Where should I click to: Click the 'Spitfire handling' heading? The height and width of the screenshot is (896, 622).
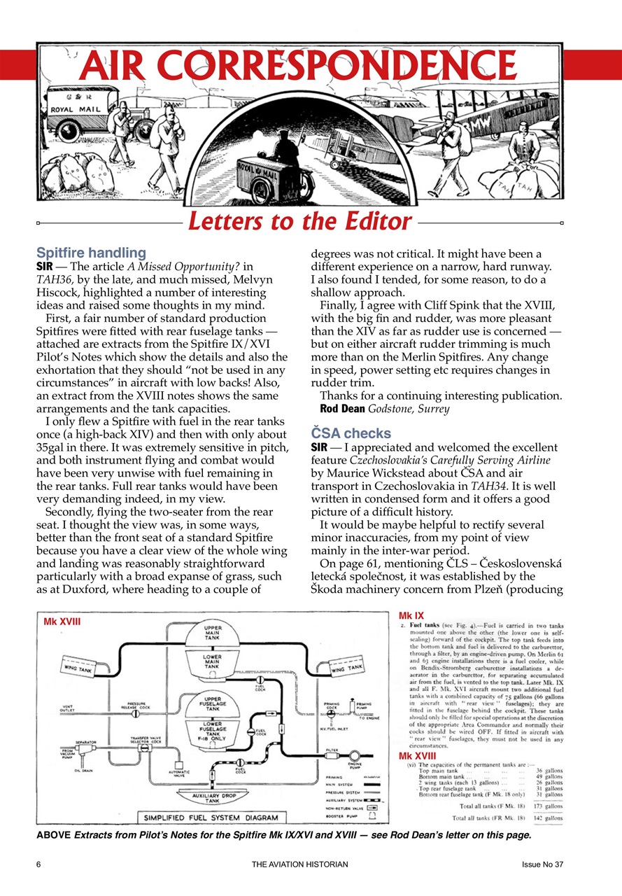click(91, 252)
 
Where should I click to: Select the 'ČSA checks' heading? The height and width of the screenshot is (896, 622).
click(351, 433)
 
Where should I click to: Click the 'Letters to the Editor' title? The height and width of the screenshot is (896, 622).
click(299, 222)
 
